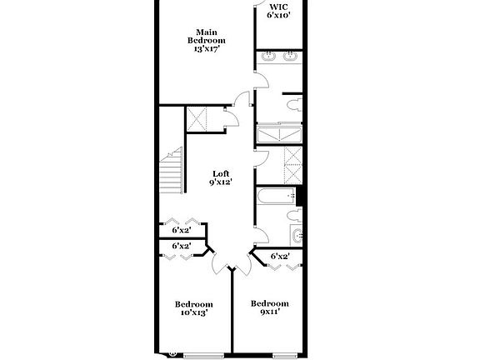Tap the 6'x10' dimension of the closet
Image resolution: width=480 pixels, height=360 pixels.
click(x=278, y=15)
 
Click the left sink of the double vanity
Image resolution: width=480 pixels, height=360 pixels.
click(x=268, y=57)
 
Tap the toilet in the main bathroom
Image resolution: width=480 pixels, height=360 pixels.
click(x=292, y=106)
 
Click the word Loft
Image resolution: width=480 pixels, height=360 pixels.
click(x=220, y=172)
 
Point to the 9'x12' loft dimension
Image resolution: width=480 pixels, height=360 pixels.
click(x=220, y=182)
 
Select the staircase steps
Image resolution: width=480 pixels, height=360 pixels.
click(x=172, y=173)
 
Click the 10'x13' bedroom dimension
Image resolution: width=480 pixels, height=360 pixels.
click(x=193, y=313)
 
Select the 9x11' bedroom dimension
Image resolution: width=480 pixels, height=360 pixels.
click(x=270, y=312)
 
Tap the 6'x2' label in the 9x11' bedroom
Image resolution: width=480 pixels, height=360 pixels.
click(x=279, y=257)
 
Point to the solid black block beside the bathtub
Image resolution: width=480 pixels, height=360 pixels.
click(x=302, y=197)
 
